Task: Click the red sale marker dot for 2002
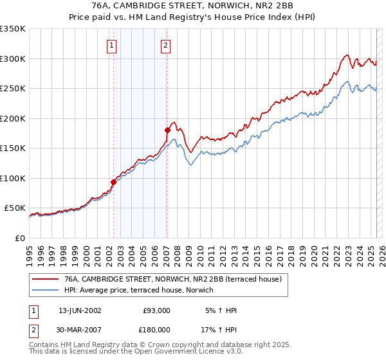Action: (x=113, y=182)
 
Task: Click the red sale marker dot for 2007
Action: (x=167, y=130)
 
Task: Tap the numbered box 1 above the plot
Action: (x=112, y=45)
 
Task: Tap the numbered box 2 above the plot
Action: (x=166, y=45)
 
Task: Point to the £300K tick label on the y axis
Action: (x=12, y=59)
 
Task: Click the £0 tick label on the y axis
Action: (x=21, y=239)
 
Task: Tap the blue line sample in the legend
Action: (x=44, y=291)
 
